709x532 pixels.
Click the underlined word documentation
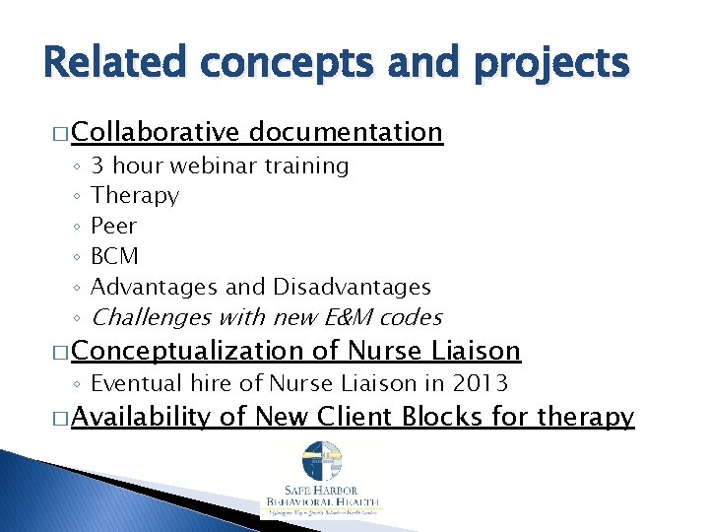pos(346,132)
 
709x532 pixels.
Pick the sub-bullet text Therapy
pos(135,196)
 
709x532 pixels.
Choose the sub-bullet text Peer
pos(113,226)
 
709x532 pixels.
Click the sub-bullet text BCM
pos(114,256)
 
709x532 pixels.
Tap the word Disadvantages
pos(352,287)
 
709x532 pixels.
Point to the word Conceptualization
pos(188,351)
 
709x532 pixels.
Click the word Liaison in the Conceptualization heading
pos(477,351)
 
